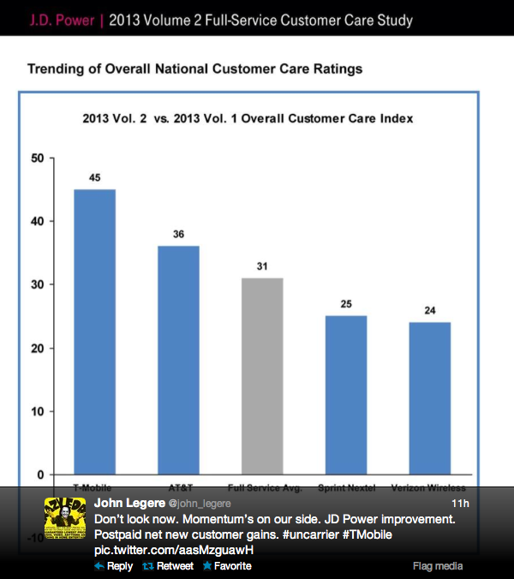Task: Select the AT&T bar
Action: coord(178,360)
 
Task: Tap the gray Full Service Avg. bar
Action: coord(262,376)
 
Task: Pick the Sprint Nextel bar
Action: coord(346,395)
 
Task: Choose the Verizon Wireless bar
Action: coord(430,398)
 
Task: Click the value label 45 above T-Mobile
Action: coord(94,177)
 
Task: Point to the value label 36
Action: coord(178,234)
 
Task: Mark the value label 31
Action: coord(262,266)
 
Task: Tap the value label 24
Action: coord(430,310)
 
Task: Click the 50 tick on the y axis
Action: coord(36,158)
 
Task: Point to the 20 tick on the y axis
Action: coord(36,348)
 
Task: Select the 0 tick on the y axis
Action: coord(39,475)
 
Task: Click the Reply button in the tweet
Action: coord(114,566)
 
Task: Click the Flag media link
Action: coord(438,566)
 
